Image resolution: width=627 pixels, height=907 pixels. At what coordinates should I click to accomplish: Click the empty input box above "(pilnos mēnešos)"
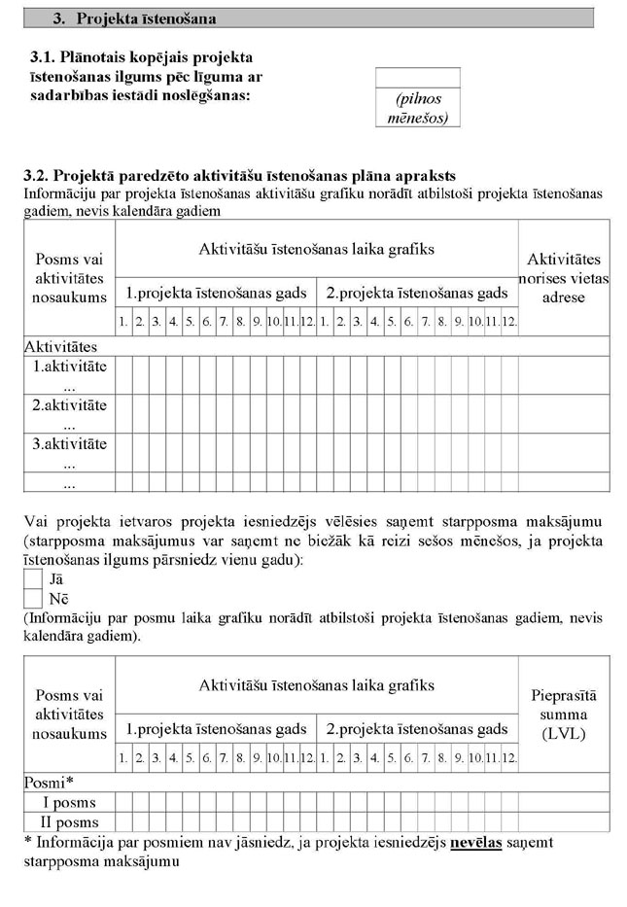point(417,78)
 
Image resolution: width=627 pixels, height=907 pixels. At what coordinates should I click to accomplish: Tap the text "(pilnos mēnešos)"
point(417,108)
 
